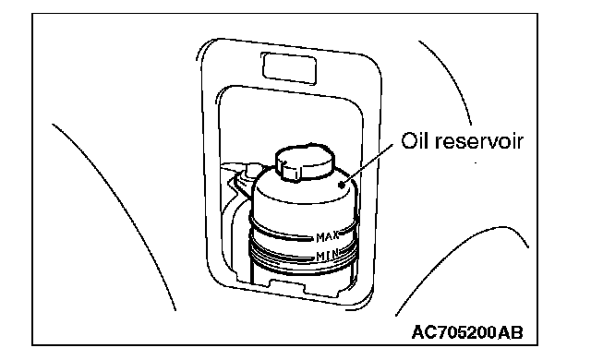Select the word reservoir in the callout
click(x=479, y=141)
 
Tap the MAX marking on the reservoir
click(x=328, y=237)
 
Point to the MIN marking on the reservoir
click(x=327, y=256)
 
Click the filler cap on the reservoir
click(x=306, y=162)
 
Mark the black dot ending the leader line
click(x=342, y=185)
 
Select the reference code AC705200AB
click(x=467, y=332)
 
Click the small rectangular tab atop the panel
click(x=289, y=68)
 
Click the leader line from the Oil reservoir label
click(x=368, y=164)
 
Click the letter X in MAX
click(x=335, y=237)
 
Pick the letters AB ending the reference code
click(x=511, y=332)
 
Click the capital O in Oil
click(x=407, y=141)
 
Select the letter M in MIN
click(x=320, y=257)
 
